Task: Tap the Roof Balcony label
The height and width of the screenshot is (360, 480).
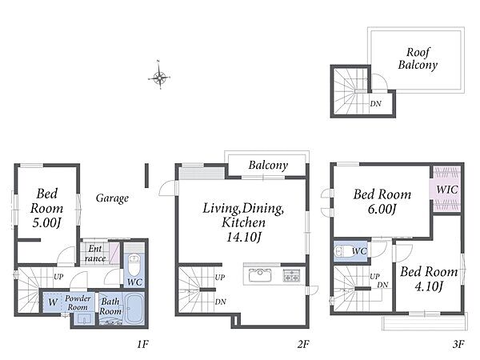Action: tap(418, 58)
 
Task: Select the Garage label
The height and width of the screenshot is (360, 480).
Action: tap(112, 198)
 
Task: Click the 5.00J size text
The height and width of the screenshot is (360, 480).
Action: tap(47, 223)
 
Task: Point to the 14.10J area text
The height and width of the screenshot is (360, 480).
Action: tap(243, 237)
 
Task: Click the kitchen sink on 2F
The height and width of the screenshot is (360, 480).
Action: tap(260, 275)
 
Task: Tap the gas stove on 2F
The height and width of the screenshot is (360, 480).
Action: tap(291, 275)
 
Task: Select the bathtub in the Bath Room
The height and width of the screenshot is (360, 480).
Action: tap(134, 309)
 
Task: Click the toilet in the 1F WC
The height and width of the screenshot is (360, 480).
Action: tap(134, 264)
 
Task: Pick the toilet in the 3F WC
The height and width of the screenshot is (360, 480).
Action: tap(342, 252)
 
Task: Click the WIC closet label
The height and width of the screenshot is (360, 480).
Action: tap(447, 190)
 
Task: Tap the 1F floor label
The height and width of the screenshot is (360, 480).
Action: tap(142, 344)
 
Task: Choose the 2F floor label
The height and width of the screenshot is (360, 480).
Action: tap(303, 344)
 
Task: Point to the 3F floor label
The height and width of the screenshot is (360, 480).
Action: tap(458, 344)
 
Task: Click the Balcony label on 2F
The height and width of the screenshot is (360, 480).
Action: tap(268, 166)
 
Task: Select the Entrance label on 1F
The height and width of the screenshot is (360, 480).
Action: tap(95, 254)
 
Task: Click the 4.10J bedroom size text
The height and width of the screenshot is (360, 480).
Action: tap(429, 286)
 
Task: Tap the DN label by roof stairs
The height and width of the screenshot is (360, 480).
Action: tap(376, 104)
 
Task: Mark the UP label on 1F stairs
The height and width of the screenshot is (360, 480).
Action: tap(58, 277)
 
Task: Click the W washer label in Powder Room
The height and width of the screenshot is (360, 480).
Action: tap(53, 302)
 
